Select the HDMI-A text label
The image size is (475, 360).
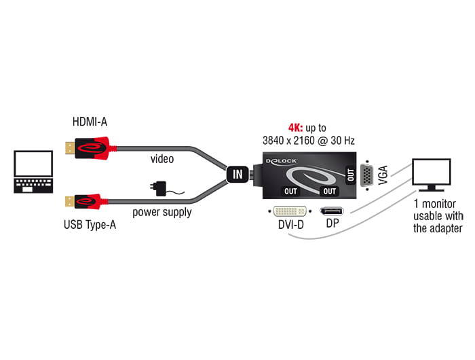(90, 122)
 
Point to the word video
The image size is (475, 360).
(162, 159)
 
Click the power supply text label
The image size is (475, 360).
(161, 212)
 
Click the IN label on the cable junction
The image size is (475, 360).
(237, 175)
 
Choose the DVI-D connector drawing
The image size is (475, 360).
(288, 211)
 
